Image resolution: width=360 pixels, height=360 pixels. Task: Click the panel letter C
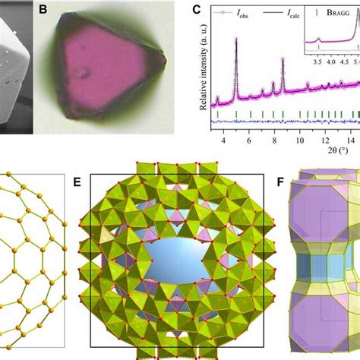(x=197, y=11)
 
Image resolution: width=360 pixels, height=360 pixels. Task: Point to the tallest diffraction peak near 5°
(x=236, y=42)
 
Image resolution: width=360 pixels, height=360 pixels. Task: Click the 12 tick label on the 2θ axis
(x=324, y=140)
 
